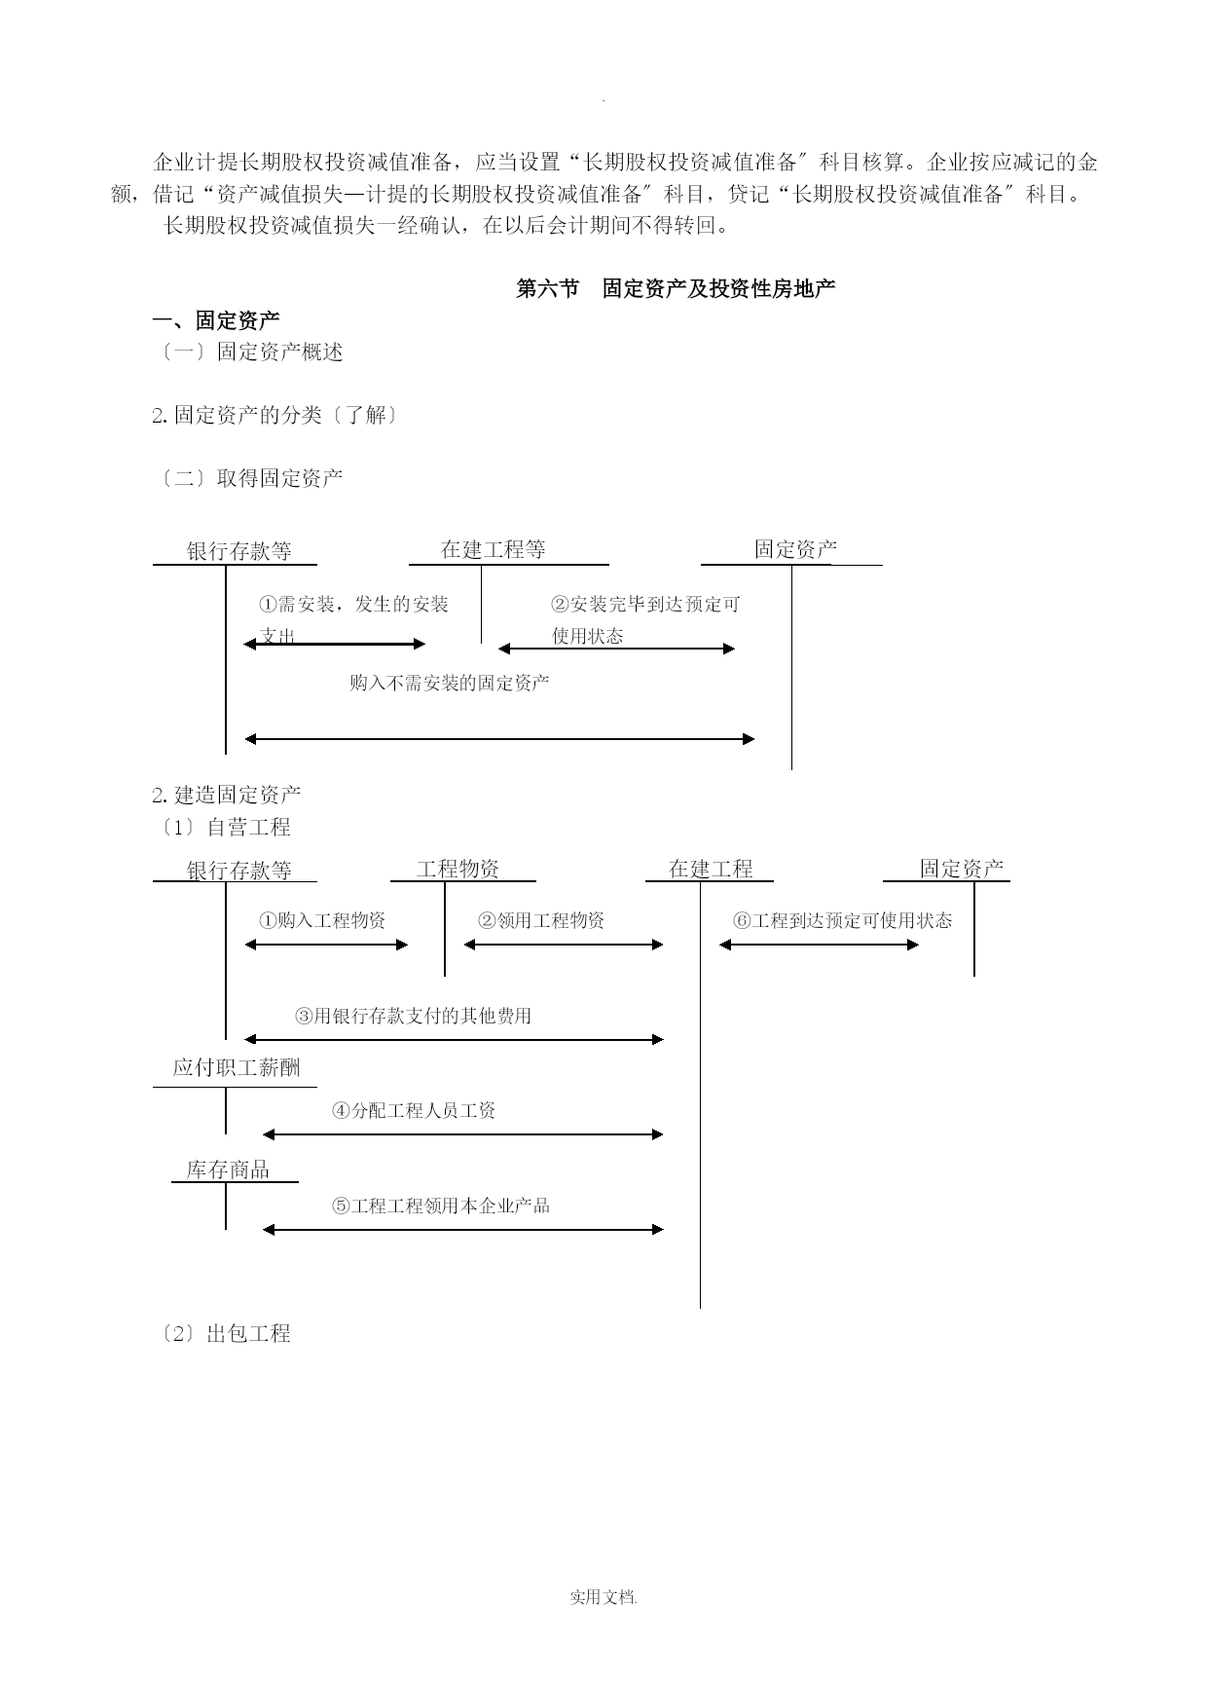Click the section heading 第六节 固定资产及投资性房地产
676,288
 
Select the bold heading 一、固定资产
216,320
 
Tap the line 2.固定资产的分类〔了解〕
275,415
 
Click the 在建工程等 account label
494,549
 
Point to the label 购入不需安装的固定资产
450,683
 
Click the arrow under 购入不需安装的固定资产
499,739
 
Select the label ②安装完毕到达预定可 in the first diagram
645,605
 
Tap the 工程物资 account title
458,869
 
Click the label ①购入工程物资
322,920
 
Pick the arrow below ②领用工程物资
564,945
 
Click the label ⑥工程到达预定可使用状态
843,920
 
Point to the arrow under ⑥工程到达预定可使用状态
820,945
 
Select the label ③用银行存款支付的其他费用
414,1016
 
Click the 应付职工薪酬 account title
237,1067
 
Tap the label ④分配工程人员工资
415,1110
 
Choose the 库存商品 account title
228,1170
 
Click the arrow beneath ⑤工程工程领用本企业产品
463,1230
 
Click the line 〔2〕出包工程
222,1334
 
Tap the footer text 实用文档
603,1598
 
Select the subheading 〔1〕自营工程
222,828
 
